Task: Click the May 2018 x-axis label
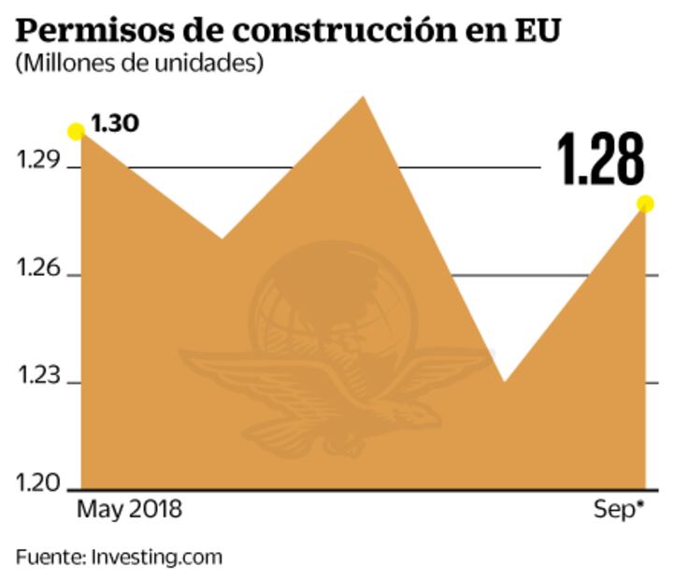tap(130, 511)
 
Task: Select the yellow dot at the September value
tap(645, 204)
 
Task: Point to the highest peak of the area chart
tap(362, 97)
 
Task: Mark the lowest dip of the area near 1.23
tap(503, 381)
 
